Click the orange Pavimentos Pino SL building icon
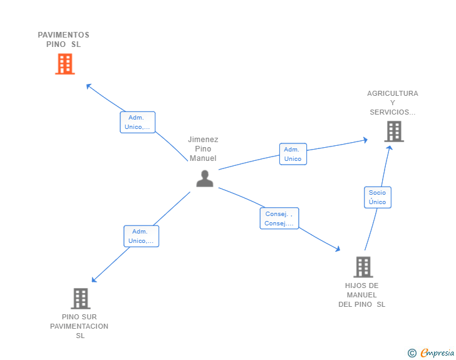click(65, 64)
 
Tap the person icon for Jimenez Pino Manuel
click(204, 178)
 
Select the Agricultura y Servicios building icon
click(393, 131)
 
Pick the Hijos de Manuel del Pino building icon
click(363, 267)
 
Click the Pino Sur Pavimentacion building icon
click(80, 299)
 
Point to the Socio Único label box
click(377, 197)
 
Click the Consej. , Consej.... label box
click(279, 219)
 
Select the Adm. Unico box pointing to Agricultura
click(293, 154)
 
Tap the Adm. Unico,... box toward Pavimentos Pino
click(137, 122)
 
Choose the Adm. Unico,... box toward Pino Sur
click(141, 236)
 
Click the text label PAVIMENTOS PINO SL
click(64, 39)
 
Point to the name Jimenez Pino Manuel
click(203, 149)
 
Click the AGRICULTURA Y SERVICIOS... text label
click(392, 103)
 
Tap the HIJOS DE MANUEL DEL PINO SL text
click(362, 295)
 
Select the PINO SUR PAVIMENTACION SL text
click(80, 326)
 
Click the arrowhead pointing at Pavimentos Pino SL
click(88, 85)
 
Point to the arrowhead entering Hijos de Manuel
click(338, 249)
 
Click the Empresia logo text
click(437, 353)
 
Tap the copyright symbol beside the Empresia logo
click(412, 353)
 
